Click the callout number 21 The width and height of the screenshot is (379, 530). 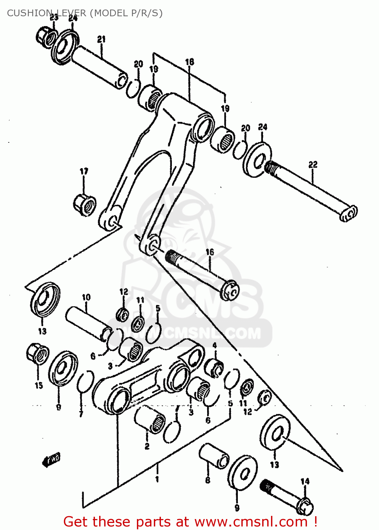click(102, 39)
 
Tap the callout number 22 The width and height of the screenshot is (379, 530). click(313, 165)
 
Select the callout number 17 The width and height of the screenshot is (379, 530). click(84, 172)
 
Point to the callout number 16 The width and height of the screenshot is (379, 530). click(210, 252)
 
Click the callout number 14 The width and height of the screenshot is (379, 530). click(305, 481)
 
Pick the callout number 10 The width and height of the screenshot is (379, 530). click(86, 298)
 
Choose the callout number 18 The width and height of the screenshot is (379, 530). click(189, 62)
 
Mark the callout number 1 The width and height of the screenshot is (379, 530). click(157, 479)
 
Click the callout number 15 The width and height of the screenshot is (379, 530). click(39, 385)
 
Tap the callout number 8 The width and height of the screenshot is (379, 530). click(207, 480)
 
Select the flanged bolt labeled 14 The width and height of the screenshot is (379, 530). click(287, 496)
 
